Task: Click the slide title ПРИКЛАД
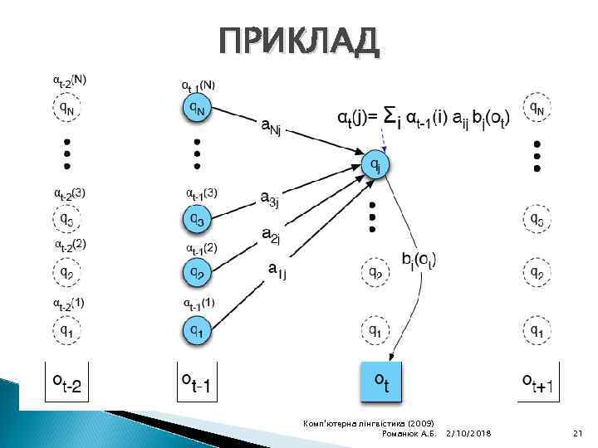point(298,41)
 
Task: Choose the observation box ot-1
point(197,382)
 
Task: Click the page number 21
point(578,434)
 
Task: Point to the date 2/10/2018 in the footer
point(468,434)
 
